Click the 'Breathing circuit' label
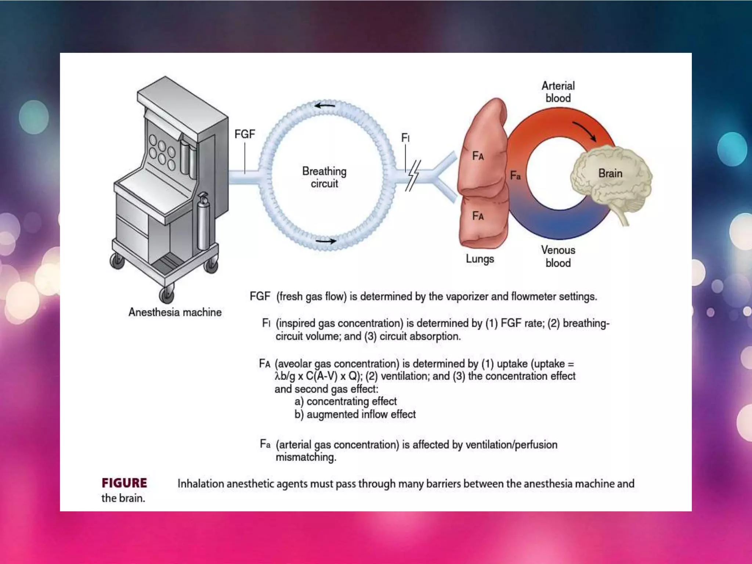coord(324,177)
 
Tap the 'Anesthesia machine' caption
coord(175,312)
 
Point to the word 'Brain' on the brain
coord(610,173)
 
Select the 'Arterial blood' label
coord(558,92)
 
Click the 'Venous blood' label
coord(558,256)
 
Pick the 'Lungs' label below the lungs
coord(480,259)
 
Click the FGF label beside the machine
coord(245,134)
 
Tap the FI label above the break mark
coord(405,138)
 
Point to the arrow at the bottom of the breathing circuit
coord(326,241)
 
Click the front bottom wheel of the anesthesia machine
coord(166,294)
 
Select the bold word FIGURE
coord(124,483)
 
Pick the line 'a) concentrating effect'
coord(346,401)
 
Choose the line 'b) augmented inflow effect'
coord(355,414)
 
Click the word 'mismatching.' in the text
coord(306,457)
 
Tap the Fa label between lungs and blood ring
coord(515,176)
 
